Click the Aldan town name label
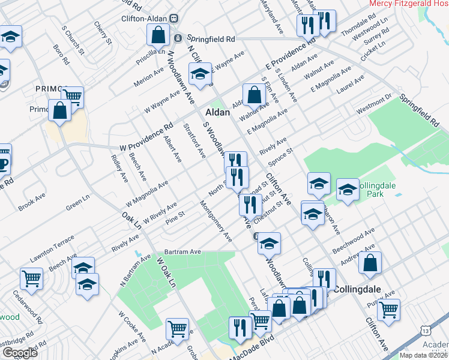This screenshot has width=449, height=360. [217, 112]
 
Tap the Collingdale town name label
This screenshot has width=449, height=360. [359, 289]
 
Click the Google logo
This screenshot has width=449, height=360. [19, 352]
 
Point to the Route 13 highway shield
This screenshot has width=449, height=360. [426, 330]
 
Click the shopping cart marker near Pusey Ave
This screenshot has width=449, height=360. [389, 310]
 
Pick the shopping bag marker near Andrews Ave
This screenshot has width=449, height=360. [370, 262]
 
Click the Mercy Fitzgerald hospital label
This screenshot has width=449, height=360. [409, 4]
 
